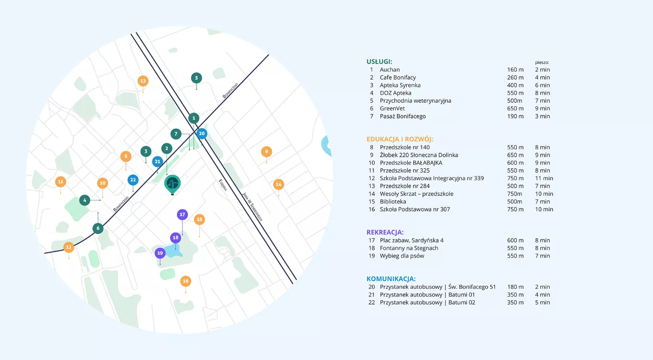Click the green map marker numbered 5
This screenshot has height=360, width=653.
(x=196, y=78)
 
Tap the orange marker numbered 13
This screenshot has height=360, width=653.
(x=143, y=81)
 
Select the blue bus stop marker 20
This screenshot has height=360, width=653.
(x=201, y=133)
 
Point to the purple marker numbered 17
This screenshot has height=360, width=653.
(x=182, y=215)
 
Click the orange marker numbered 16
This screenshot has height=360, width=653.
(x=185, y=281)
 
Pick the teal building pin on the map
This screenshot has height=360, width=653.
(x=172, y=184)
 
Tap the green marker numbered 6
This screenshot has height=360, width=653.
(x=98, y=228)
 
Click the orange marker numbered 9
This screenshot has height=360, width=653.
(x=266, y=152)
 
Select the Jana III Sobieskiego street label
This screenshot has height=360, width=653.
(x=252, y=207)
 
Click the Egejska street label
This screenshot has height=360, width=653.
(x=223, y=185)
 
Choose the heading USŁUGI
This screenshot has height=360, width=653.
(x=379, y=62)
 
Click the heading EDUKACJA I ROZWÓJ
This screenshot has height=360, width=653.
(x=400, y=139)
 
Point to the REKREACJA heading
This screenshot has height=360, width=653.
(x=385, y=232)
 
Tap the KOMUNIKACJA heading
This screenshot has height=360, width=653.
(x=391, y=279)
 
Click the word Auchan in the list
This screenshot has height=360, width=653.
(x=390, y=70)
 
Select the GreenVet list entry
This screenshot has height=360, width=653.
(x=392, y=109)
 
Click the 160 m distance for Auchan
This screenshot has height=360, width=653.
(x=515, y=70)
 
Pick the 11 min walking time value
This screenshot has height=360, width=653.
(x=544, y=178)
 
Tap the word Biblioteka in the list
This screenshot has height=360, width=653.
(x=392, y=201)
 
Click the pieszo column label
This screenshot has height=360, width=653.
(x=542, y=62)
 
